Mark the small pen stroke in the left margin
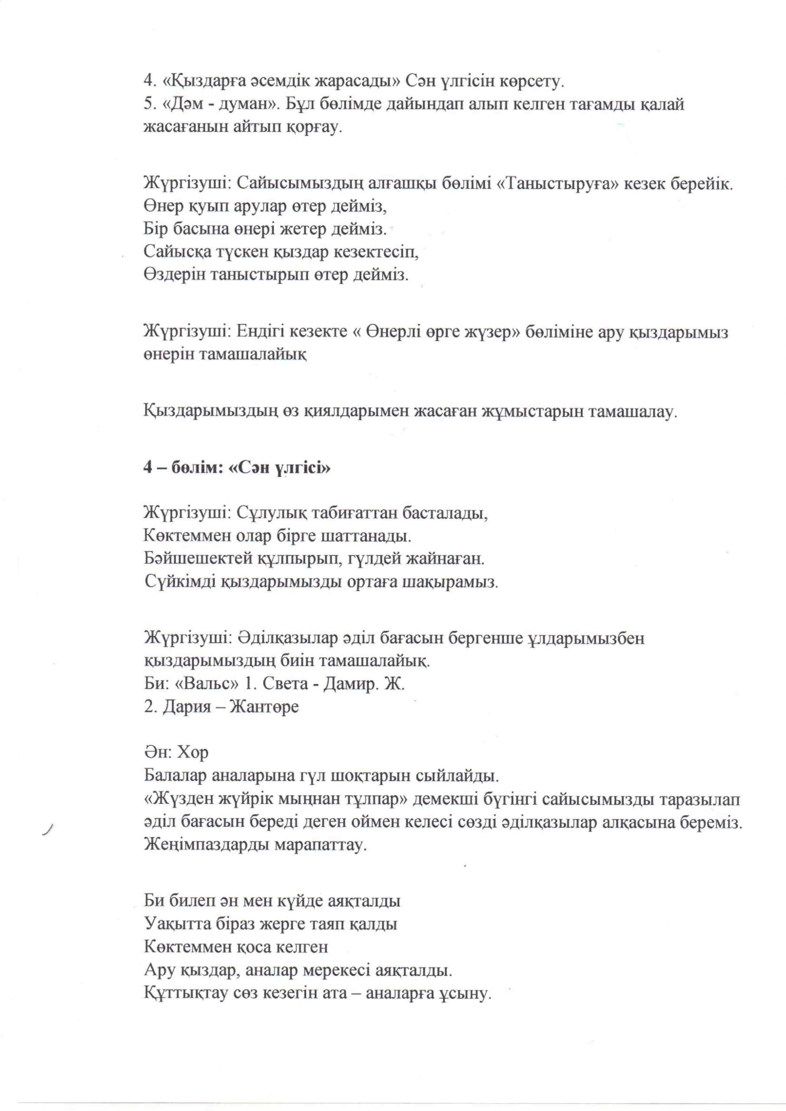click(x=47, y=830)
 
